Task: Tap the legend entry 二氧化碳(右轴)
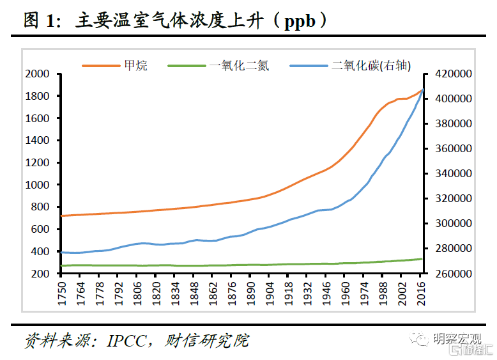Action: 371,65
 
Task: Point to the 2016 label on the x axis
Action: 422,291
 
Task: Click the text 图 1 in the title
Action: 41,21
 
